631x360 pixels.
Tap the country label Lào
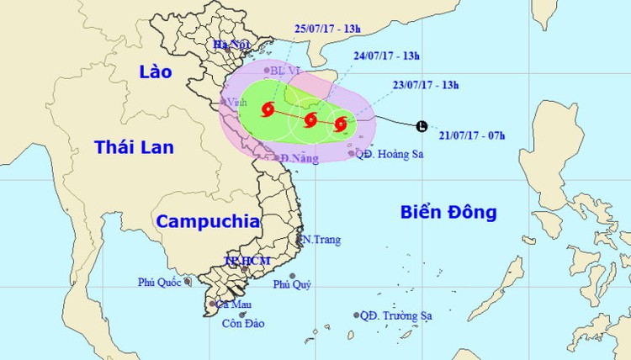pos(156,72)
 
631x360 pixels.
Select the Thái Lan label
pos(135,148)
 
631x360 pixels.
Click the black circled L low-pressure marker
pos(421,126)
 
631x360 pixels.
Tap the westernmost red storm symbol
pos(268,109)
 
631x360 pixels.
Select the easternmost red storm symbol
pos(340,124)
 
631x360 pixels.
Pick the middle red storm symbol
pos(310,119)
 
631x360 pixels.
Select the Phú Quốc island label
pos(160,283)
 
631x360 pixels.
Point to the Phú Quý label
pos(292,285)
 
